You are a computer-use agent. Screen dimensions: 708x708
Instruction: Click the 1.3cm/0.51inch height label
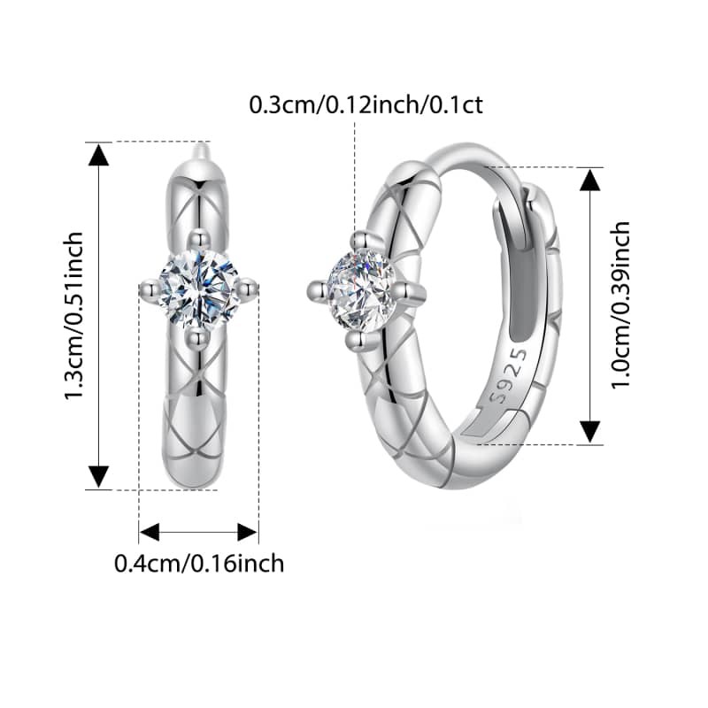point(73,316)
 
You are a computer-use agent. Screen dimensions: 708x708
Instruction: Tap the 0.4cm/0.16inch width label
point(199,564)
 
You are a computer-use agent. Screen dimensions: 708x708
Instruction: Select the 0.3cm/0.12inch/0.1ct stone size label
point(366,105)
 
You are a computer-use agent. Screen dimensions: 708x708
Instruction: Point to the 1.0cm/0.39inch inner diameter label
point(620,304)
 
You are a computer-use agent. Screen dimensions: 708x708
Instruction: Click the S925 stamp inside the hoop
point(510,375)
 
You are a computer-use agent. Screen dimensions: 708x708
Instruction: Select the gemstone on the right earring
point(361,290)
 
